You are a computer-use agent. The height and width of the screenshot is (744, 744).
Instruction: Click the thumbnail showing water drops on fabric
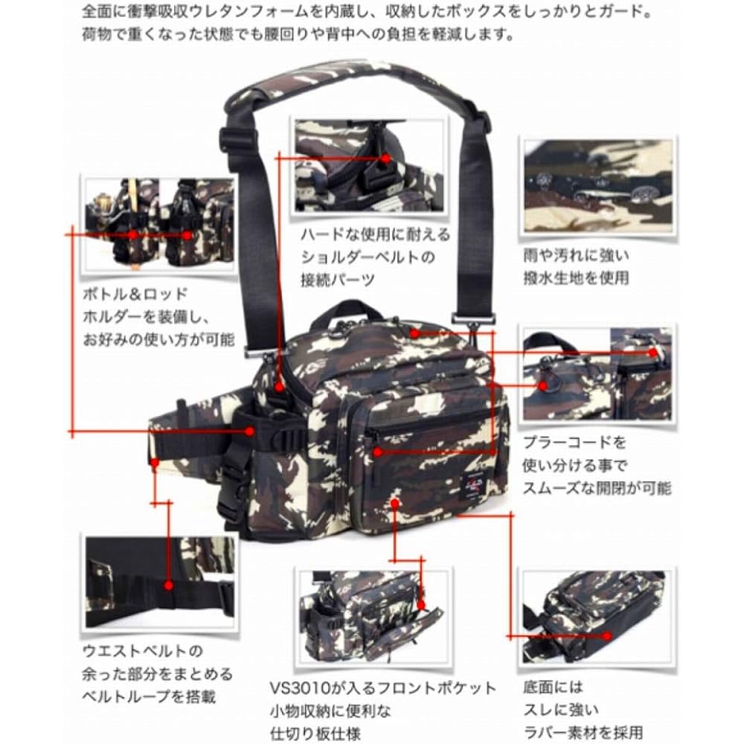[598, 185]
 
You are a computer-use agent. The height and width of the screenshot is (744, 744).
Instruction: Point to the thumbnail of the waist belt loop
[160, 583]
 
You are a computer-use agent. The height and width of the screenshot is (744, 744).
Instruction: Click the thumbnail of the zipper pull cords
[597, 373]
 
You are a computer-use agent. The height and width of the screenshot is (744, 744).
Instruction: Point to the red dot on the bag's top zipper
[414, 333]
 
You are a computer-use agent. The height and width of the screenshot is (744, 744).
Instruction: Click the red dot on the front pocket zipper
[377, 452]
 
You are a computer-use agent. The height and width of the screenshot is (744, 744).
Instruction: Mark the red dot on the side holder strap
[249, 432]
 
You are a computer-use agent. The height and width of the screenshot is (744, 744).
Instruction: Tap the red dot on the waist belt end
[154, 461]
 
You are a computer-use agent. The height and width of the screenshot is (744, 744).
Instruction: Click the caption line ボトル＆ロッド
[135, 294]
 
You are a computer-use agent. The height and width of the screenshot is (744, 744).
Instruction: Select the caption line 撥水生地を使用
[576, 278]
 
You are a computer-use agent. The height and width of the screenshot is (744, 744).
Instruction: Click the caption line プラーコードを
[574, 442]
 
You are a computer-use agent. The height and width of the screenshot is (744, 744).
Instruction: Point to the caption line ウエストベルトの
[142, 651]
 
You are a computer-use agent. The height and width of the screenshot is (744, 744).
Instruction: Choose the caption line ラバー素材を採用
[583, 732]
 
